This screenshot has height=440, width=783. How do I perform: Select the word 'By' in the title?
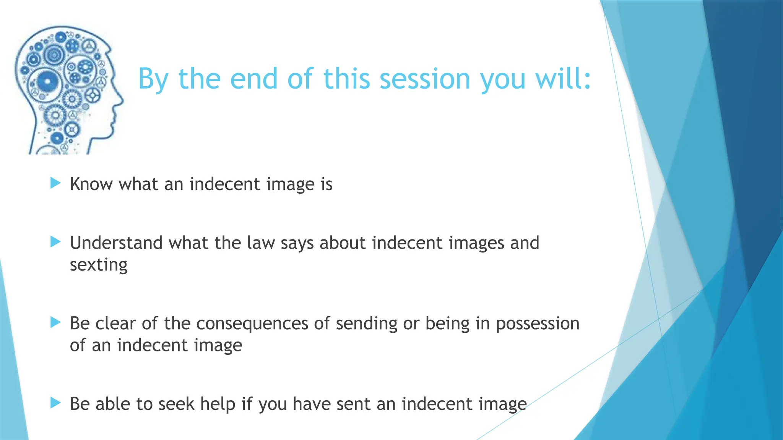pos(153,79)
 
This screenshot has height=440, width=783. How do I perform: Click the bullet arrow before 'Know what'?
pos(56,183)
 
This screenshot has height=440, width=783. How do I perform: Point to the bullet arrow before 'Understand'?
pos(56,242)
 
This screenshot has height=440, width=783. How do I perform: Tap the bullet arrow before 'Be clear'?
pos(56,322)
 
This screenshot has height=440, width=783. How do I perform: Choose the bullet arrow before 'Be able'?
pos(56,403)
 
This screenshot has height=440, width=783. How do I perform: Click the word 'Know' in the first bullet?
pos(91,184)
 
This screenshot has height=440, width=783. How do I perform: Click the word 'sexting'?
pos(99,265)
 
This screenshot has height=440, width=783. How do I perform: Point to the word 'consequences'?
pos(252,324)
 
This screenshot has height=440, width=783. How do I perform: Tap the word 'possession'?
pos(538,324)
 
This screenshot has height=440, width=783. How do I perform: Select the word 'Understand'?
pos(116,243)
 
